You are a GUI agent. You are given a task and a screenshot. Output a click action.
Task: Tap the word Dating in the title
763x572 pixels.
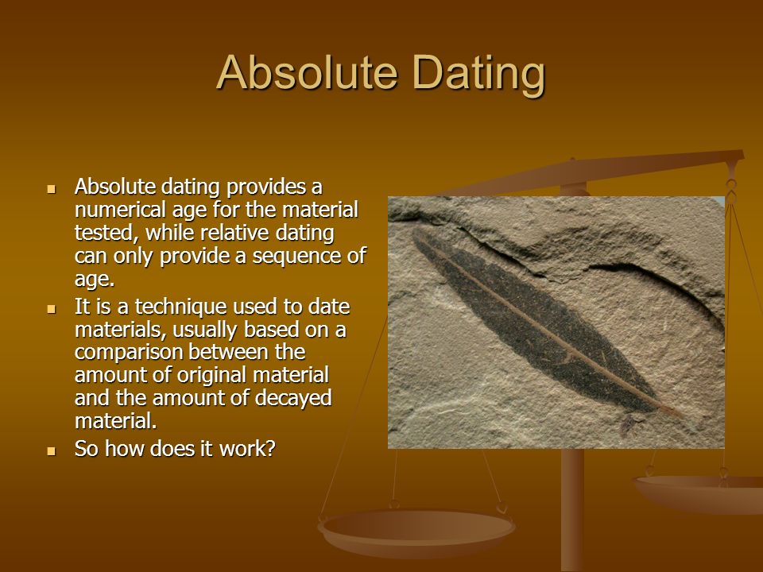click(x=478, y=75)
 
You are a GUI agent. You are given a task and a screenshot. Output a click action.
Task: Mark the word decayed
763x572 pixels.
click(x=293, y=399)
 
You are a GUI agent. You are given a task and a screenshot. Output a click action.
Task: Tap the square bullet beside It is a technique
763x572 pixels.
click(x=52, y=309)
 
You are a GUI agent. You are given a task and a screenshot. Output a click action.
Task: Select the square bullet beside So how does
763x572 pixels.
click(x=52, y=451)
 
